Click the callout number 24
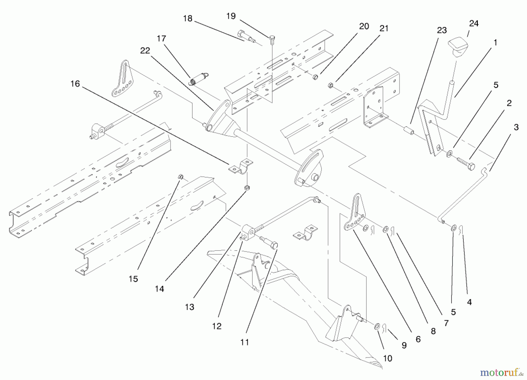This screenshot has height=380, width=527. point(474,23)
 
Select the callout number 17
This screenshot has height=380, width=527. point(161,38)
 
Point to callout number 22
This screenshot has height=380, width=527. point(145,51)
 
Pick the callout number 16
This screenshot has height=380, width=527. point(75,84)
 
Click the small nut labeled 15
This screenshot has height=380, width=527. point(180,177)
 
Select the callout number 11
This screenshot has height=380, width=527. point(244,342)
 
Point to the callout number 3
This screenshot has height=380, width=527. point(516,127)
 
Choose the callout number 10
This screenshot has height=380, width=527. point(388,358)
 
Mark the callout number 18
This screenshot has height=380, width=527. point(188,18)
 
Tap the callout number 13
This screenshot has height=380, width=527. point(189,307)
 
